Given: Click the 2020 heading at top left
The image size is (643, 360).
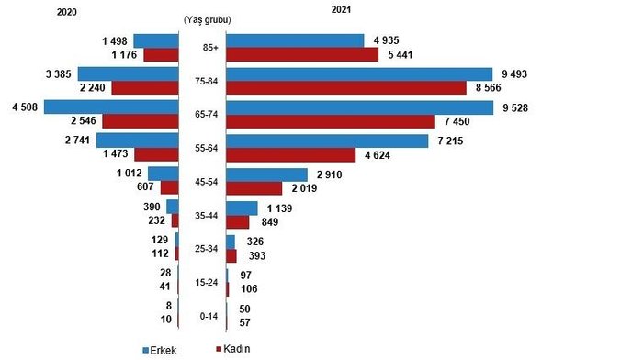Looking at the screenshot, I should point(67,12).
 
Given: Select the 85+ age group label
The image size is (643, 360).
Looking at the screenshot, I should point(207,48).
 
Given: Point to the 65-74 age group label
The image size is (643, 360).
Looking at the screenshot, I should point(207,115).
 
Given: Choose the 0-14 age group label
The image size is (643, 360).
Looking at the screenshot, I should point(207,314).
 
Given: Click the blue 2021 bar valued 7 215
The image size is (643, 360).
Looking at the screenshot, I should point(327,141).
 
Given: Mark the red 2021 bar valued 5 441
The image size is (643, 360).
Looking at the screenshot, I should point(302,55).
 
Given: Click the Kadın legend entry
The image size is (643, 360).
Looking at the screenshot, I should point(233,349).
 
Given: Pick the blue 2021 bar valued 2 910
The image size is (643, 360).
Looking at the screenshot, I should point(266,174).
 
